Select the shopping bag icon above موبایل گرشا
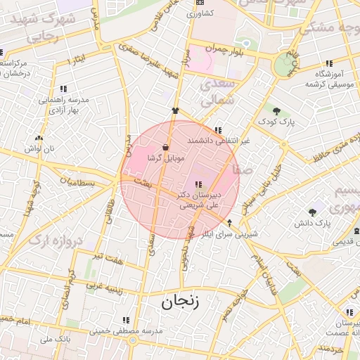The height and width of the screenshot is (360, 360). pos(165,147)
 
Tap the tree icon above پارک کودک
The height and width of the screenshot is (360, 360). pos(276,110)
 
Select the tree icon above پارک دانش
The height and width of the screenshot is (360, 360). pos(312,212)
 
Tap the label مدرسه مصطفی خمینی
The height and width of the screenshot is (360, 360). pos(127,330)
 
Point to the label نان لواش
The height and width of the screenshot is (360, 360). pos(39,150)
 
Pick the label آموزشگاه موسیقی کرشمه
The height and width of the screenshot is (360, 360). pos(327,79)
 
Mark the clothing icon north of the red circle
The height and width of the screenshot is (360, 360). pos(175,110)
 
